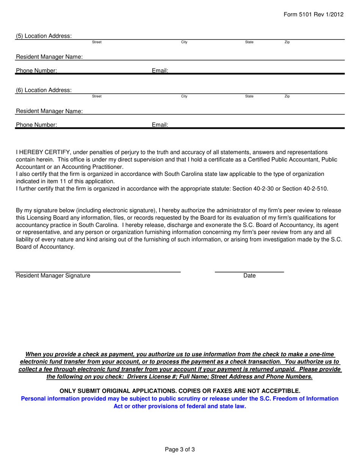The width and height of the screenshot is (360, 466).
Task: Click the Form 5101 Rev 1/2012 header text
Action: [314, 14]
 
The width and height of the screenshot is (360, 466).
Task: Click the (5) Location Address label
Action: [44, 36]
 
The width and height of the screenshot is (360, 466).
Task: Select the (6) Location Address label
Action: [44, 90]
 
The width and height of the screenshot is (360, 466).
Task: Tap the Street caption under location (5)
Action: [97, 42]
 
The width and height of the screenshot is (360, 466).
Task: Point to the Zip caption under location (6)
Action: [287, 97]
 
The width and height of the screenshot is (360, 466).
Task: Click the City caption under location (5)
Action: [184, 42]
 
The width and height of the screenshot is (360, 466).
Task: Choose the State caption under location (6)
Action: [249, 97]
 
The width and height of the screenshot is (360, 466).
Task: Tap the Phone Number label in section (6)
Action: [36, 124]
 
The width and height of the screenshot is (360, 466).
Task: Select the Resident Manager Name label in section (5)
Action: [49, 57]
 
